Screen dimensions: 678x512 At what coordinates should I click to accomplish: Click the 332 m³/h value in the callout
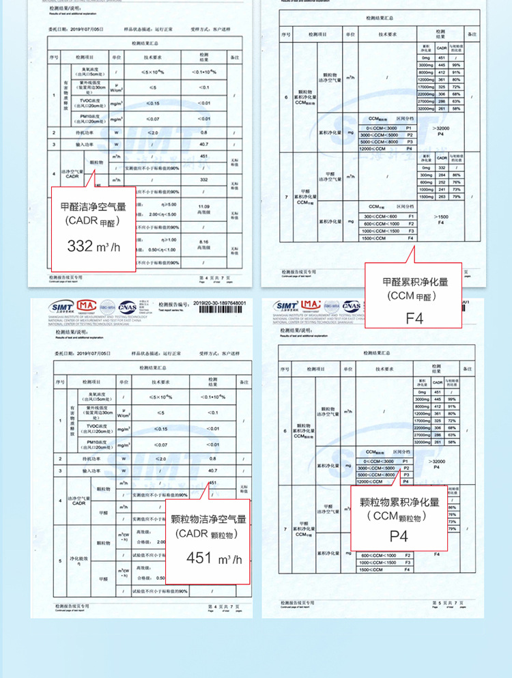pyautogui.click(x=94, y=246)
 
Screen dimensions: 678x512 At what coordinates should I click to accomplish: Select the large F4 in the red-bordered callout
pyautogui.click(x=415, y=317)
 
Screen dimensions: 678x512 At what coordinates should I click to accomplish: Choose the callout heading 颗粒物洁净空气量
pyautogui.click(x=208, y=519)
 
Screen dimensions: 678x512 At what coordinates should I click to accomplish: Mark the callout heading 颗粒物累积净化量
pyautogui.click(x=399, y=502)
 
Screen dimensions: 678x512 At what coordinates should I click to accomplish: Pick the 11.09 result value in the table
pyautogui.click(x=203, y=207)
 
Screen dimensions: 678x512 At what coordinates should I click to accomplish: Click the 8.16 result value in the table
pyautogui.click(x=203, y=242)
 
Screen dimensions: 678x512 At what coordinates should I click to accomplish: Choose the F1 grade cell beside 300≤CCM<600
pyautogui.click(x=411, y=216)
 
